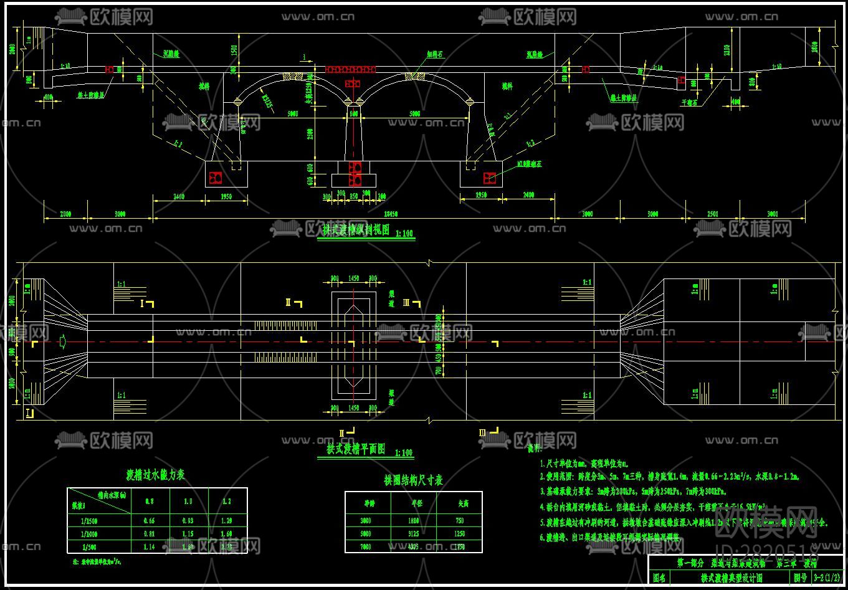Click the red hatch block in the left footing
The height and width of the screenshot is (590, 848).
(x=216, y=178)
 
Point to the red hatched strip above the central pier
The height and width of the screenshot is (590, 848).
(x=351, y=69)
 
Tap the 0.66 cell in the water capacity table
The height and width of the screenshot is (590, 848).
(x=150, y=521)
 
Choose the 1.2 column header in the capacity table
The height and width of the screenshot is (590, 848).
(x=226, y=502)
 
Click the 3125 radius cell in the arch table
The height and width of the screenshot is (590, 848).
(x=414, y=534)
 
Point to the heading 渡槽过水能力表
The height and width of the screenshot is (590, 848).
(x=156, y=475)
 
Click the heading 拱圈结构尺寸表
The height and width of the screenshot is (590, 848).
(x=413, y=480)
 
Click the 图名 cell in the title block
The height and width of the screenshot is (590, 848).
(x=659, y=578)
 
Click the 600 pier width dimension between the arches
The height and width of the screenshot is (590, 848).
(x=354, y=115)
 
